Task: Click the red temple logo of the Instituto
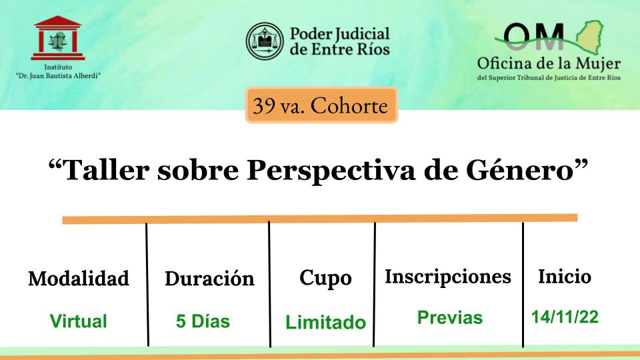(58, 38)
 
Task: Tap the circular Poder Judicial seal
(265, 41)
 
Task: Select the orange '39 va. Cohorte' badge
(321, 105)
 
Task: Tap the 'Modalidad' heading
(79, 279)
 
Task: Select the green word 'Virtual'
(79, 321)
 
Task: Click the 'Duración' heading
(210, 279)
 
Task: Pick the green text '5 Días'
(203, 321)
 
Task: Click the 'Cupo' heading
(325, 279)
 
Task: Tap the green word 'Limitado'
(326, 322)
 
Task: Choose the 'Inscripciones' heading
(448, 277)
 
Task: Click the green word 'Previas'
(450, 317)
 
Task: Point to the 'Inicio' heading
(565, 276)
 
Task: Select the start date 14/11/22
(565, 317)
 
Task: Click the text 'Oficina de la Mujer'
(549, 64)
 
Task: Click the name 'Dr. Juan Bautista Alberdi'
(58, 76)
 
